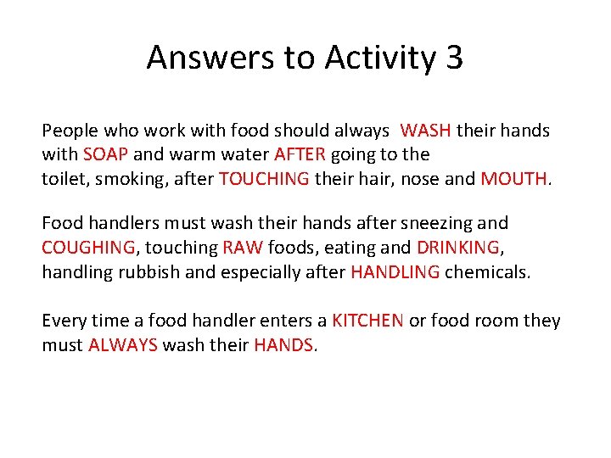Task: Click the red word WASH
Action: pos(426,131)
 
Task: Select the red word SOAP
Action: pos(104,154)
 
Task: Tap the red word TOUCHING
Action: pos(264,178)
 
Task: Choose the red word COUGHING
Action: pos(87,248)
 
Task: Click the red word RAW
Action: pos(243,248)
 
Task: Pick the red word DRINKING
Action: pos(458,248)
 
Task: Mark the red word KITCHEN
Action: pos(367,321)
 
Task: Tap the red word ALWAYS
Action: pos(122,345)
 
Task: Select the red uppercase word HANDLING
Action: pos(395,271)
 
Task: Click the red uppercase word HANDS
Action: pos(283,345)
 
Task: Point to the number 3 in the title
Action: pos(453,58)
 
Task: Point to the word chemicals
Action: pos(489,271)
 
